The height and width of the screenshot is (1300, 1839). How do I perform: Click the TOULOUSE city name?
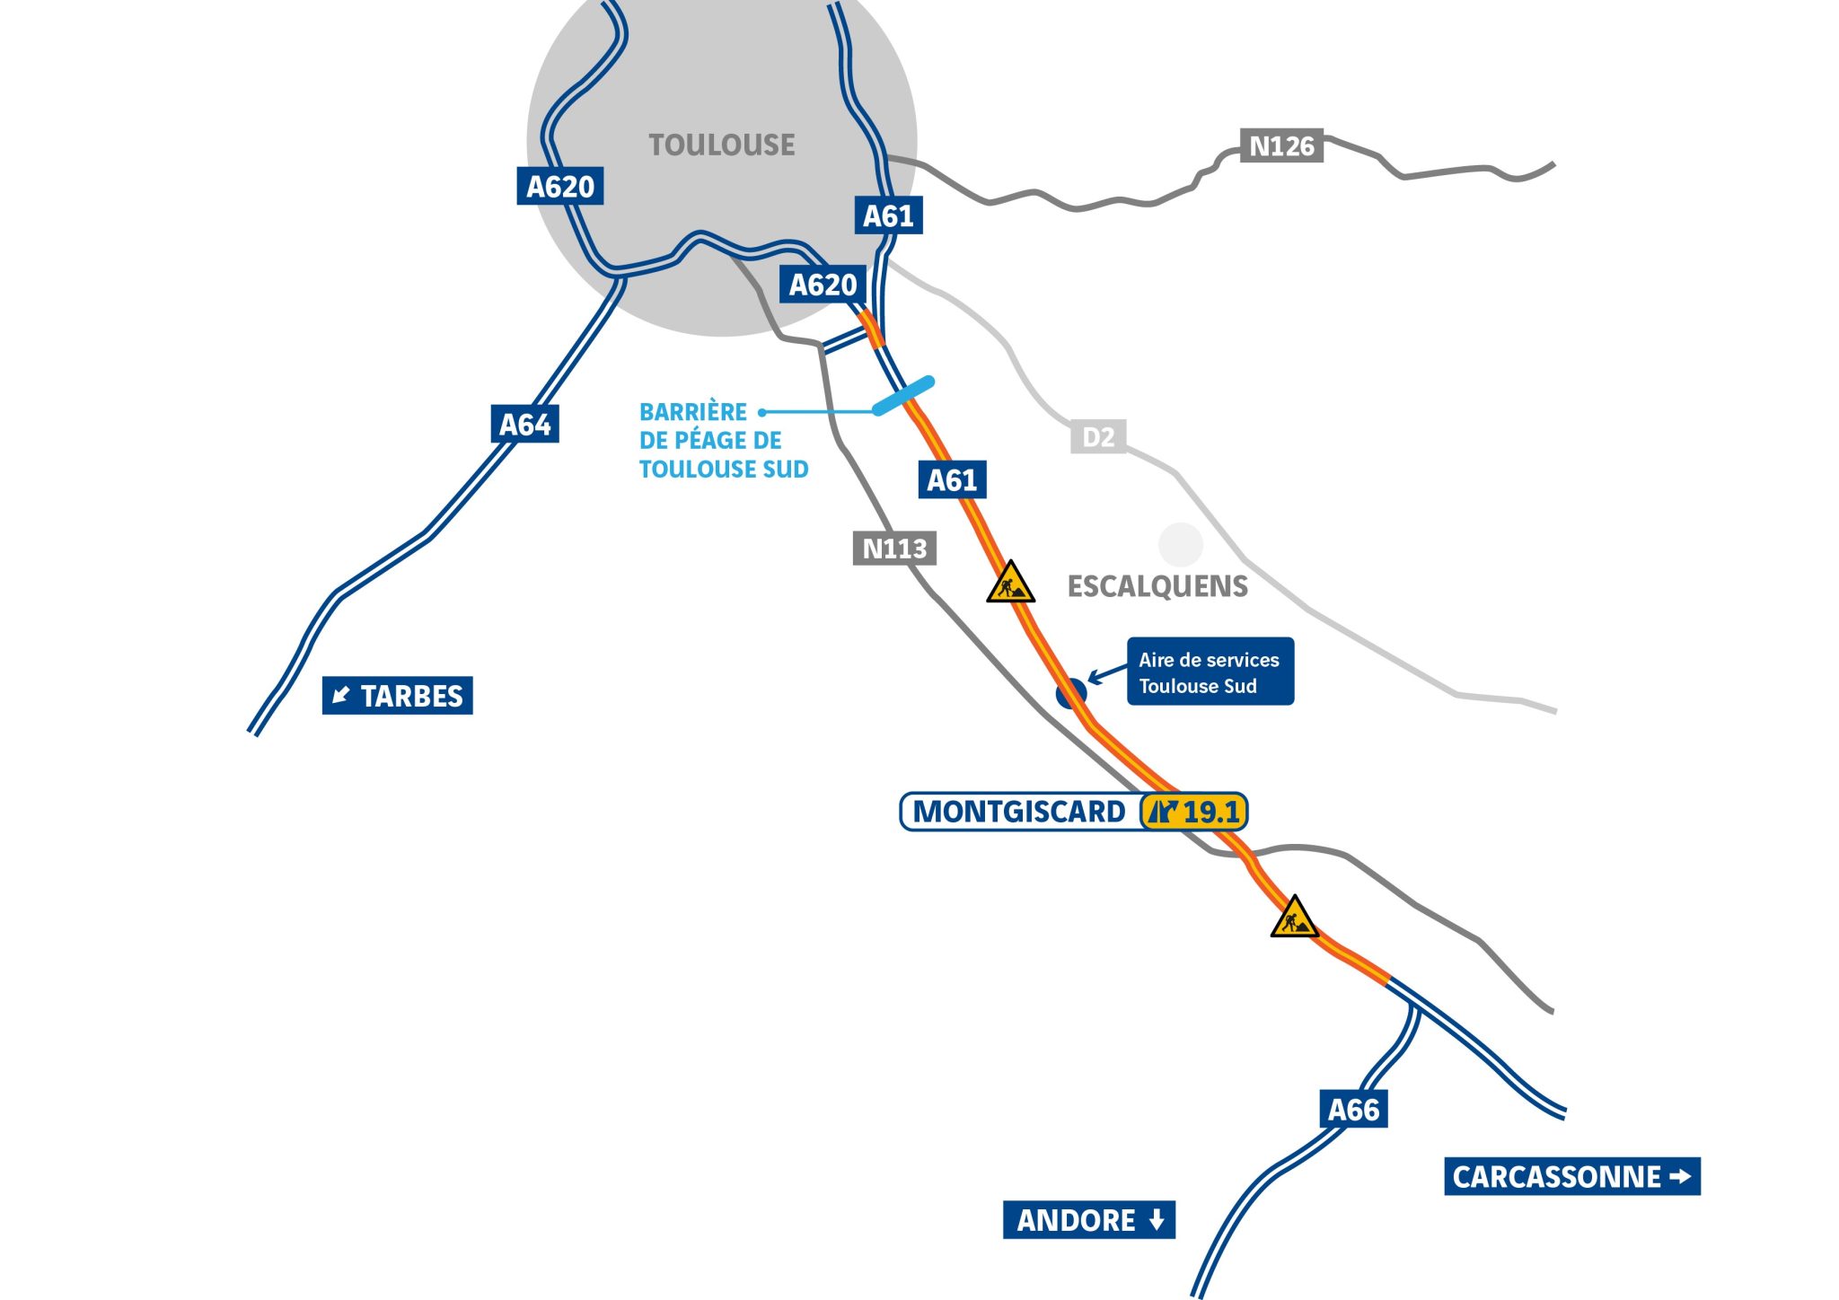(x=722, y=145)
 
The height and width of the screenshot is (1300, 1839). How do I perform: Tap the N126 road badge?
(x=1281, y=145)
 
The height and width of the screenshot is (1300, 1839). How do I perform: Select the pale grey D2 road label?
(x=1098, y=437)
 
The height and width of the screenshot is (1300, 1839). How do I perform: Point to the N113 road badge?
(x=894, y=548)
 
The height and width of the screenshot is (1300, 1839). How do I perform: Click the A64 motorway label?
(x=525, y=424)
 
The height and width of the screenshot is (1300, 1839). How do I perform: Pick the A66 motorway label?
(x=1353, y=1110)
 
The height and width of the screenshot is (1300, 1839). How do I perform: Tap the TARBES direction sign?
(x=397, y=696)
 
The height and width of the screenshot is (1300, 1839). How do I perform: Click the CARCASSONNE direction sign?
(x=1571, y=1176)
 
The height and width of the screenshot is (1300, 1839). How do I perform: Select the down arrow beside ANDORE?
(x=1157, y=1220)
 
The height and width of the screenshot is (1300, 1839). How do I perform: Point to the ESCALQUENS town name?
(x=1157, y=586)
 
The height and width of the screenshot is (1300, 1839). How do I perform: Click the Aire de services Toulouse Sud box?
(x=1210, y=672)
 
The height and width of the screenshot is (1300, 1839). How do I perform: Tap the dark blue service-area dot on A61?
(x=1071, y=693)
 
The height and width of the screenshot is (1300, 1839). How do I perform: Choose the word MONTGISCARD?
(x=1018, y=812)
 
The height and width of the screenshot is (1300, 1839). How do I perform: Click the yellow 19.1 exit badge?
(x=1194, y=812)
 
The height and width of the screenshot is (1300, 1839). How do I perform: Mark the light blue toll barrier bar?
(x=903, y=396)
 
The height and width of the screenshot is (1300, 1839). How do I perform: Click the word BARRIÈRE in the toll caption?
(x=692, y=412)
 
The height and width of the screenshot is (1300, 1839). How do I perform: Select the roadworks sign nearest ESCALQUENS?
(x=1010, y=584)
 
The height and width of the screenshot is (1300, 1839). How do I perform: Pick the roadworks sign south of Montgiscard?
(x=1294, y=918)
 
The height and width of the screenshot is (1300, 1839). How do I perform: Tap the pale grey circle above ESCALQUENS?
(x=1180, y=544)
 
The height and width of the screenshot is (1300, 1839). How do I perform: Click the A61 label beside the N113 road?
(x=952, y=479)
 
